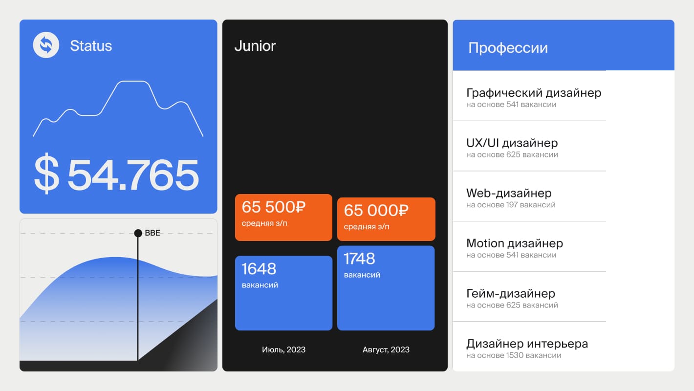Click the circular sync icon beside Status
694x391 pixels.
[46, 45]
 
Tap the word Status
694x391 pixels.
[91, 46]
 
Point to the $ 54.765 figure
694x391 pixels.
[116, 174]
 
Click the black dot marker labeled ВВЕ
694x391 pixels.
[138, 233]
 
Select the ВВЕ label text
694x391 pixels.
[152, 233]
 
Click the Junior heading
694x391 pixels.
[255, 46]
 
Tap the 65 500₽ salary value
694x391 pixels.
[274, 207]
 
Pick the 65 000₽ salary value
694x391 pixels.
[376, 210]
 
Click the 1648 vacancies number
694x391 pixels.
[259, 269]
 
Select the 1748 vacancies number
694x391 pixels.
[359, 259]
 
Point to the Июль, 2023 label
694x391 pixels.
[283, 349]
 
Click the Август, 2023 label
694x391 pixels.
[386, 349]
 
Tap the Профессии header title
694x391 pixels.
[508, 48]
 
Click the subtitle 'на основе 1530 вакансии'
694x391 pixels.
[514, 355]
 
